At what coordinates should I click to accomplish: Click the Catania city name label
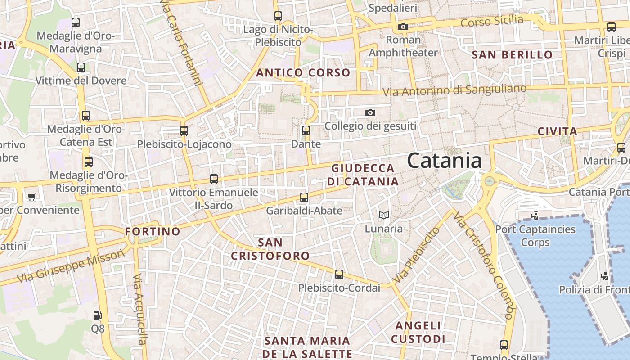coord(444,161)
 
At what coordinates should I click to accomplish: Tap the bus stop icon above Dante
coord(306,130)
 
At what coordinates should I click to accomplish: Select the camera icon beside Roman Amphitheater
coord(403,27)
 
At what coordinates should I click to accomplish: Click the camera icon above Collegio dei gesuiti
coord(370,112)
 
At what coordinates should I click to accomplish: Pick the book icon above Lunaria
coord(383,216)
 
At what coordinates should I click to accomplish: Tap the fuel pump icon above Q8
coord(97,315)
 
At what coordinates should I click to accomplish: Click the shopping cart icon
coord(31,197)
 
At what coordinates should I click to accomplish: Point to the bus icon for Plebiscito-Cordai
coord(339,274)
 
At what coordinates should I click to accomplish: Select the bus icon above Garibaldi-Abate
coord(304,197)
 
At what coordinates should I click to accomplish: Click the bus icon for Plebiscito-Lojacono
coord(184,131)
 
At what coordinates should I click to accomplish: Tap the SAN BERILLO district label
coord(512,55)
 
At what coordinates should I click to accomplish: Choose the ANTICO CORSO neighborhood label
coord(303,72)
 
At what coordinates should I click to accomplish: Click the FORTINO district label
coord(153,232)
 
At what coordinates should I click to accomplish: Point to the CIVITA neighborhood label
coord(558,131)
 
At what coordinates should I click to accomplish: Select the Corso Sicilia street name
coord(492,21)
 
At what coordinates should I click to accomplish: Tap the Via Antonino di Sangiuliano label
coord(454,90)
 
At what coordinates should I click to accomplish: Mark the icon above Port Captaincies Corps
coord(535,216)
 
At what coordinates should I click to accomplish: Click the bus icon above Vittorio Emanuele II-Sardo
coord(214,179)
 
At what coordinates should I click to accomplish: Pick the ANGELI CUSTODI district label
coord(418,332)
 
